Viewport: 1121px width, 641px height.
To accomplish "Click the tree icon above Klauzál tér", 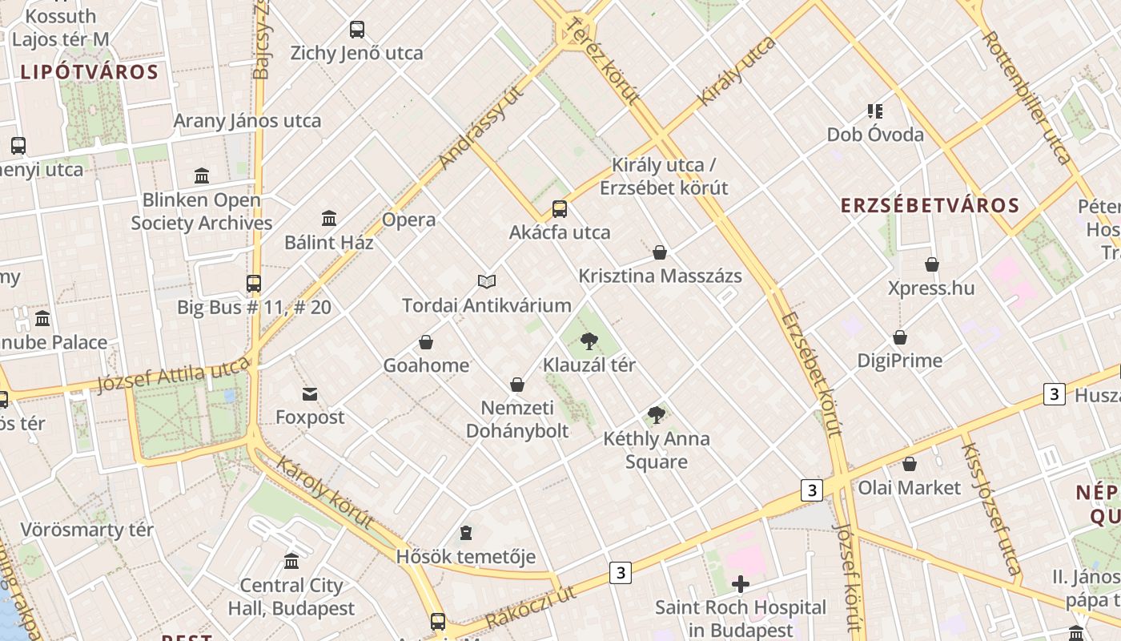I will point(589,341).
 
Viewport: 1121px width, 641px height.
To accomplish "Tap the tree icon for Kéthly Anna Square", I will point(657,415).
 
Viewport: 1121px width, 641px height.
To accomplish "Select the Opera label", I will point(408,220).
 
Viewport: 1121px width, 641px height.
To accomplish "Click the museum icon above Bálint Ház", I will point(329,219).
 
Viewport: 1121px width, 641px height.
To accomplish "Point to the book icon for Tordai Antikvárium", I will point(487,281).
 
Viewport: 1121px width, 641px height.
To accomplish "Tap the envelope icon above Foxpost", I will point(310,393).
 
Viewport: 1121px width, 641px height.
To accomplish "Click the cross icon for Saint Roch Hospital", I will point(741,584).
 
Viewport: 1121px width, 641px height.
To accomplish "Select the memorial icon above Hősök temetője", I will point(466,533).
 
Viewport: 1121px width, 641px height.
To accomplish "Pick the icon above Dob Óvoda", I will point(875,111).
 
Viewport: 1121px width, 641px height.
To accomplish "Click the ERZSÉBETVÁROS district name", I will point(930,205).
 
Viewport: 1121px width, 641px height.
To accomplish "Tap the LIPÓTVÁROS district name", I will point(90,72).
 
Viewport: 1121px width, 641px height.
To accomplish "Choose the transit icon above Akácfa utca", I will point(560,209).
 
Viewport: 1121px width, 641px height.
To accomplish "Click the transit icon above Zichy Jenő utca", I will point(357,30).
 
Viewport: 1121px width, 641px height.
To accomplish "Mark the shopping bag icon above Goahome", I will point(426,342).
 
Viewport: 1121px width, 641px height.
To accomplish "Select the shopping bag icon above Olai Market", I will point(910,464).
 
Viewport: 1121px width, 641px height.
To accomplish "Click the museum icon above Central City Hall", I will point(291,562).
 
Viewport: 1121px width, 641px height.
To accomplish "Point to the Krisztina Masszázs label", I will point(660,276).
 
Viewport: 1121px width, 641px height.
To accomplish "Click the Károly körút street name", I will point(325,493).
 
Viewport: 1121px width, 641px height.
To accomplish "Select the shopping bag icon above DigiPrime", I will point(900,337).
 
